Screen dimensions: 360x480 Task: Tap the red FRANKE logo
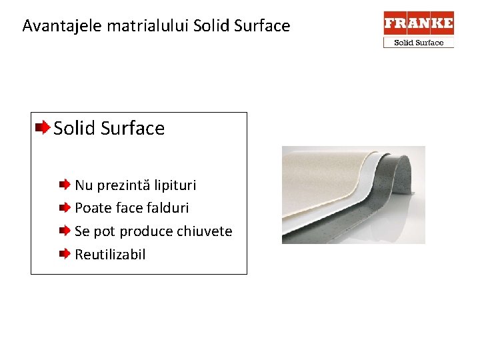tap(419, 23)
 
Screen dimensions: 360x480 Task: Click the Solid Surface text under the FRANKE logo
tap(419, 43)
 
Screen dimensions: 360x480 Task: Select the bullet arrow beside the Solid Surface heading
tap(42, 127)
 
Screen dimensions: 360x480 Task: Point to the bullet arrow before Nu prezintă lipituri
tap(64, 184)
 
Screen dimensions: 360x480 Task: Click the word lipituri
tap(175, 185)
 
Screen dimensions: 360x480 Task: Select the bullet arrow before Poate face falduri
tap(64, 207)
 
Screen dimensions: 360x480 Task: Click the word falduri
tap(167, 208)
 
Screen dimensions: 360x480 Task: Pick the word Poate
tap(93, 208)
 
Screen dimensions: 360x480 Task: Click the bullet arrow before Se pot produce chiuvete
tap(64, 231)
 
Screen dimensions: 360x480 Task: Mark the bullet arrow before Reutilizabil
tap(64, 254)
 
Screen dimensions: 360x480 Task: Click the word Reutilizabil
tap(110, 255)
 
